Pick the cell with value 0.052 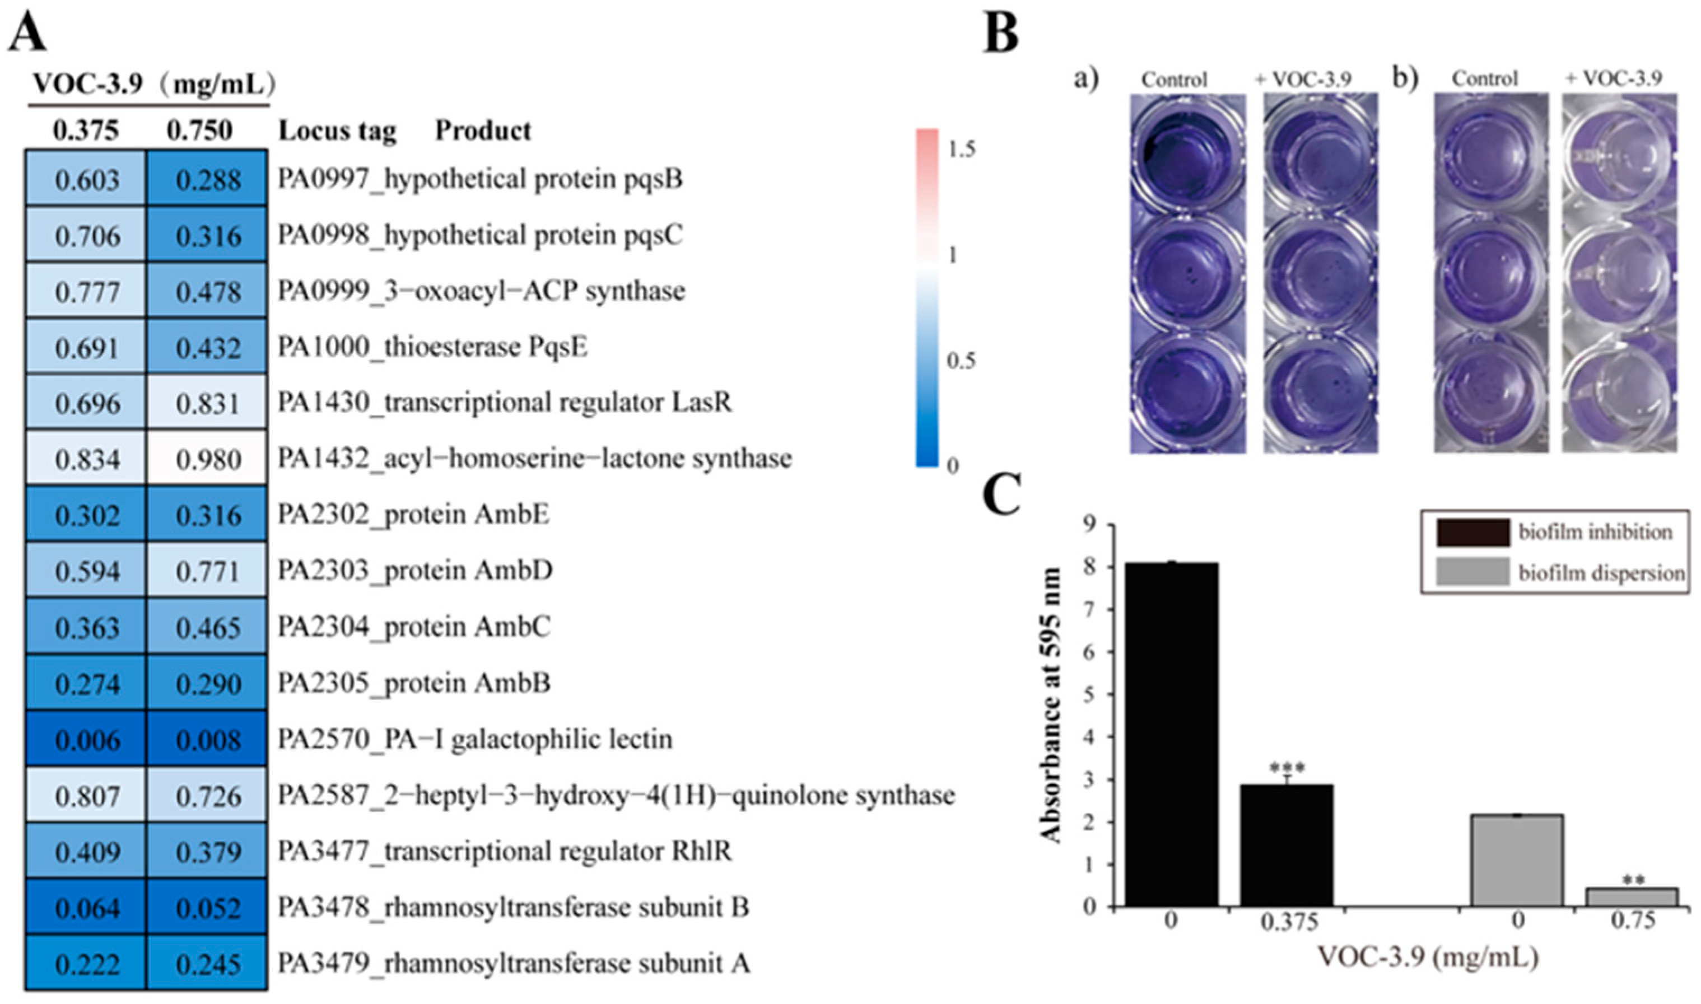[x=207, y=908]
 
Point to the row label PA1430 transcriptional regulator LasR [x=505, y=403]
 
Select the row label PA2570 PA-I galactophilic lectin [x=475, y=740]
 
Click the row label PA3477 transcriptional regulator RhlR [x=505, y=851]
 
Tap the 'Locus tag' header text [x=338, y=130]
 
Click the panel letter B [x=1001, y=32]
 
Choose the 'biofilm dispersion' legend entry [x=1601, y=572]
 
